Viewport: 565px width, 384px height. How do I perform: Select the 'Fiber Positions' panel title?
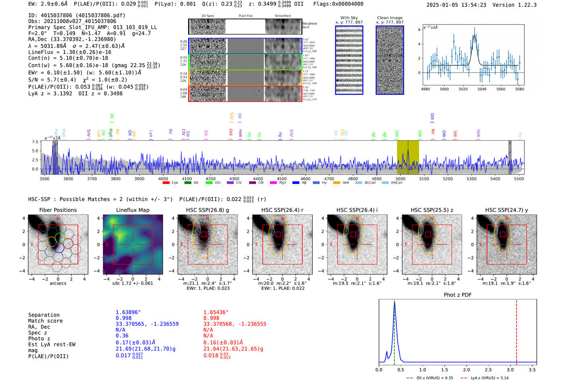pyautogui.click(x=58, y=210)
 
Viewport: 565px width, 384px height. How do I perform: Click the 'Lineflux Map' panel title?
pyautogui.click(x=132, y=210)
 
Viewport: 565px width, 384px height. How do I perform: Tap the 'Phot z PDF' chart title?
pyautogui.click(x=457, y=295)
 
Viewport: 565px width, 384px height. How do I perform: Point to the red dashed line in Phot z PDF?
pyautogui.click(x=516, y=330)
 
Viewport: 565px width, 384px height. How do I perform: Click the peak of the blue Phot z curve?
pyautogui.click(x=394, y=303)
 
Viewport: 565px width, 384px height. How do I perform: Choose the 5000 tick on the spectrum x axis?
pyautogui.click(x=400, y=179)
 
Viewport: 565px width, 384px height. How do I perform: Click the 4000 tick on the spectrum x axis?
pyautogui.click(x=163, y=179)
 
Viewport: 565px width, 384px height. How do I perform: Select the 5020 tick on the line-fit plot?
pyautogui.click(x=463, y=89)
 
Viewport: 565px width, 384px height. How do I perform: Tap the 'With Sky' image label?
pyautogui.click(x=349, y=18)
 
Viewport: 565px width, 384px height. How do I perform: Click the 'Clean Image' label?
pyautogui.click(x=389, y=18)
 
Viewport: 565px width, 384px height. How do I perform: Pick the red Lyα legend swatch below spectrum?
pyautogui.click(x=165, y=183)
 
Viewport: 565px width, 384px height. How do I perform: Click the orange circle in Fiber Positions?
pyautogui.click(x=51, y=242)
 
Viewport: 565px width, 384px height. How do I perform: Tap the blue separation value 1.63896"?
pyautogui.click(x=128, y=312)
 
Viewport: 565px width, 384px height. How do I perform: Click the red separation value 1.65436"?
pyautogui.click(x=216, y=312)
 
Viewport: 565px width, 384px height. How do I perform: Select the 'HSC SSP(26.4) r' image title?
pyautogui.click(x=282, y=210)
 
